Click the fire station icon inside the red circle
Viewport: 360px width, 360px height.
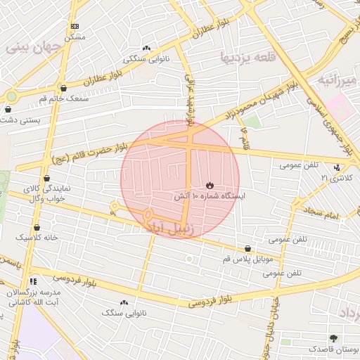coord(210,184)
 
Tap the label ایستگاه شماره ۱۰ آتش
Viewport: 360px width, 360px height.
coord(209,198)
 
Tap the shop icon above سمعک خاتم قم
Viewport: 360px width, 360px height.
coord(64,89)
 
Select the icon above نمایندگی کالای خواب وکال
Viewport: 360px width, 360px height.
coord(46,178)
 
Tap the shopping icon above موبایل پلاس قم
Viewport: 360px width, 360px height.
coord(247,249)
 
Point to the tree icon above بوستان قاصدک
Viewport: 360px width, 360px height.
coord(333,338)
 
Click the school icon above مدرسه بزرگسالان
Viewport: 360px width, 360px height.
coord(33,281)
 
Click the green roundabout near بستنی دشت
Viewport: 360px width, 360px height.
coord(11,96)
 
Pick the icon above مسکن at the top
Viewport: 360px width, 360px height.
coord(75,26)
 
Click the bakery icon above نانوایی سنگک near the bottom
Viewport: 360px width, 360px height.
coord(124,302)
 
